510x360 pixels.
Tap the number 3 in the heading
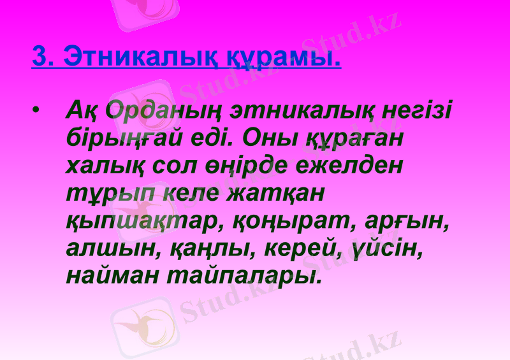(40, 57)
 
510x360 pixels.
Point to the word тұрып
(106, 193)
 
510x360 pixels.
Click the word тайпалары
(243, 276)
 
